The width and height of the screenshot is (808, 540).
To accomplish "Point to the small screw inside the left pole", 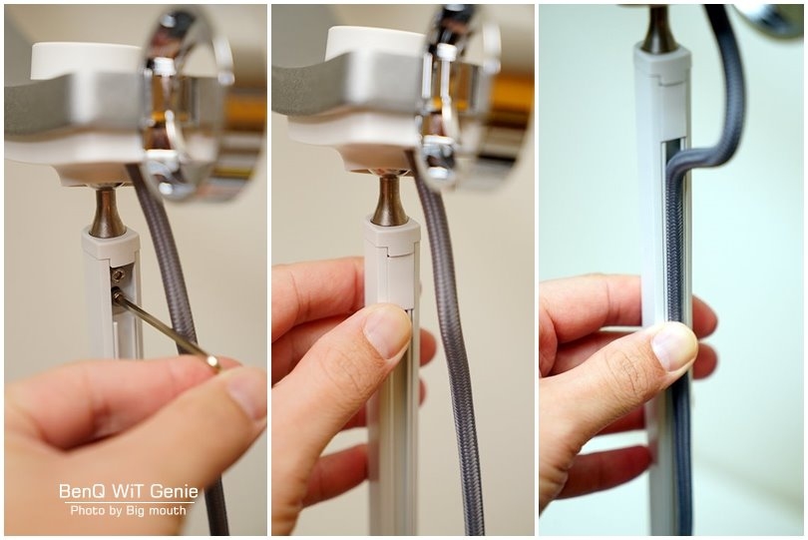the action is tap(119, 275).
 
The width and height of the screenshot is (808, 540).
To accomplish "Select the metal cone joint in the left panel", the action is tap(108, 212).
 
